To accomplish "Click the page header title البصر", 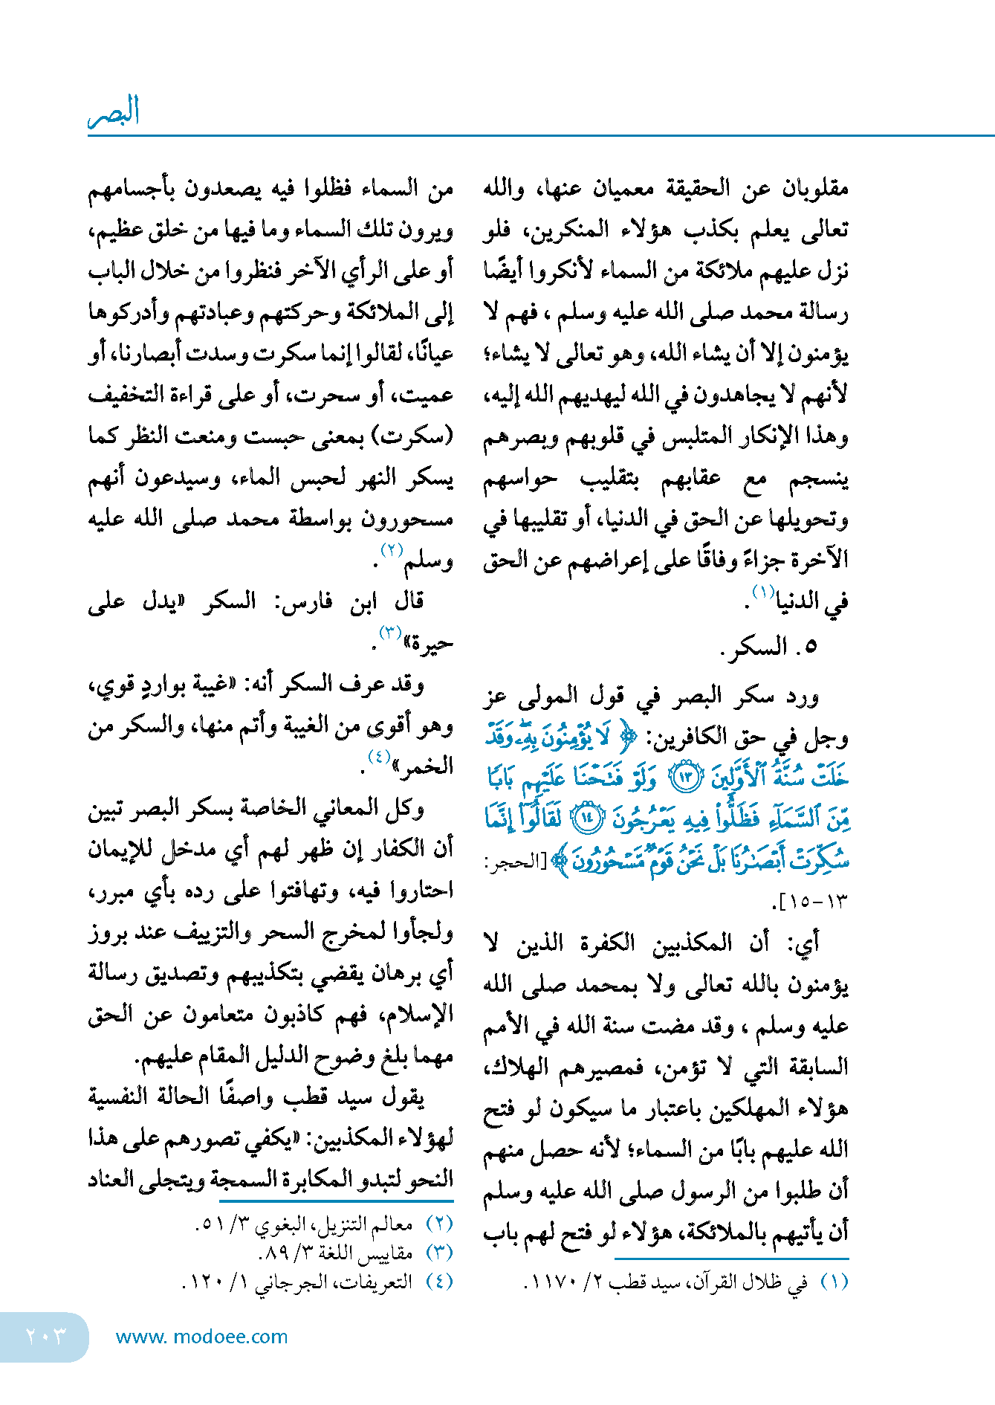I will point(114,112).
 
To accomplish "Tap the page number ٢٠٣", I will point(45,1336).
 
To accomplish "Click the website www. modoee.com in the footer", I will point(201,1337).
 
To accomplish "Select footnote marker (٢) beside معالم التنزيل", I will point(439,1224).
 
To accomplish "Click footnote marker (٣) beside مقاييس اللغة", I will point(439,1253).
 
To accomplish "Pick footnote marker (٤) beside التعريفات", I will point(439,1282).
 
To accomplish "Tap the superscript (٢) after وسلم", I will point(392,551).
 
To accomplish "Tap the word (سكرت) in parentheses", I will point(415,436).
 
